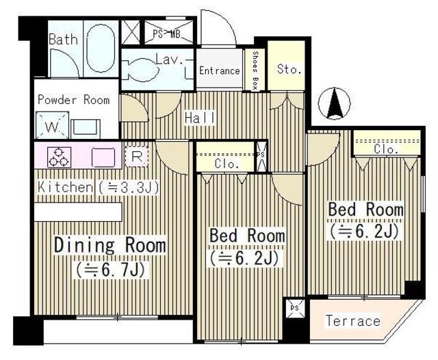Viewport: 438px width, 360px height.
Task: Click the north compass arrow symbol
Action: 335,103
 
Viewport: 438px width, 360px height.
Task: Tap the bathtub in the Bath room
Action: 101,49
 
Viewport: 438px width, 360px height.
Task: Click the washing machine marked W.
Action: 52,125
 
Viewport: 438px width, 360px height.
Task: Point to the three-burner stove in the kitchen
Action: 59,157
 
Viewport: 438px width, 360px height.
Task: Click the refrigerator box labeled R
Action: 136,157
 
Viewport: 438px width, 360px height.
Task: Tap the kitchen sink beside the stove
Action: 103,157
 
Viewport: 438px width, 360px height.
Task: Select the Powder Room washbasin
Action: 86,129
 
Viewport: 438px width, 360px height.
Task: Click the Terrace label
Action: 353,321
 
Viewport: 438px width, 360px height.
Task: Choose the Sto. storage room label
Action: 289,69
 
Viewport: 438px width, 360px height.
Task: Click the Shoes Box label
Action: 255,70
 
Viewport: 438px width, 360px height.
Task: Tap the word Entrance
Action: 219,70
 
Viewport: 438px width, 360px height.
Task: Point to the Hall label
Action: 200,118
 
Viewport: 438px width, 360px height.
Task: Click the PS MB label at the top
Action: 166,34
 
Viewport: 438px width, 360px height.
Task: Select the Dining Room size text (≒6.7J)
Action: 110,270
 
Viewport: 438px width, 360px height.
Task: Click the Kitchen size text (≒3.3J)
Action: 128,188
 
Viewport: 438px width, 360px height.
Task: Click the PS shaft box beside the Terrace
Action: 294,309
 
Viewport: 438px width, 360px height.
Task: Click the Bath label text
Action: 63,40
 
